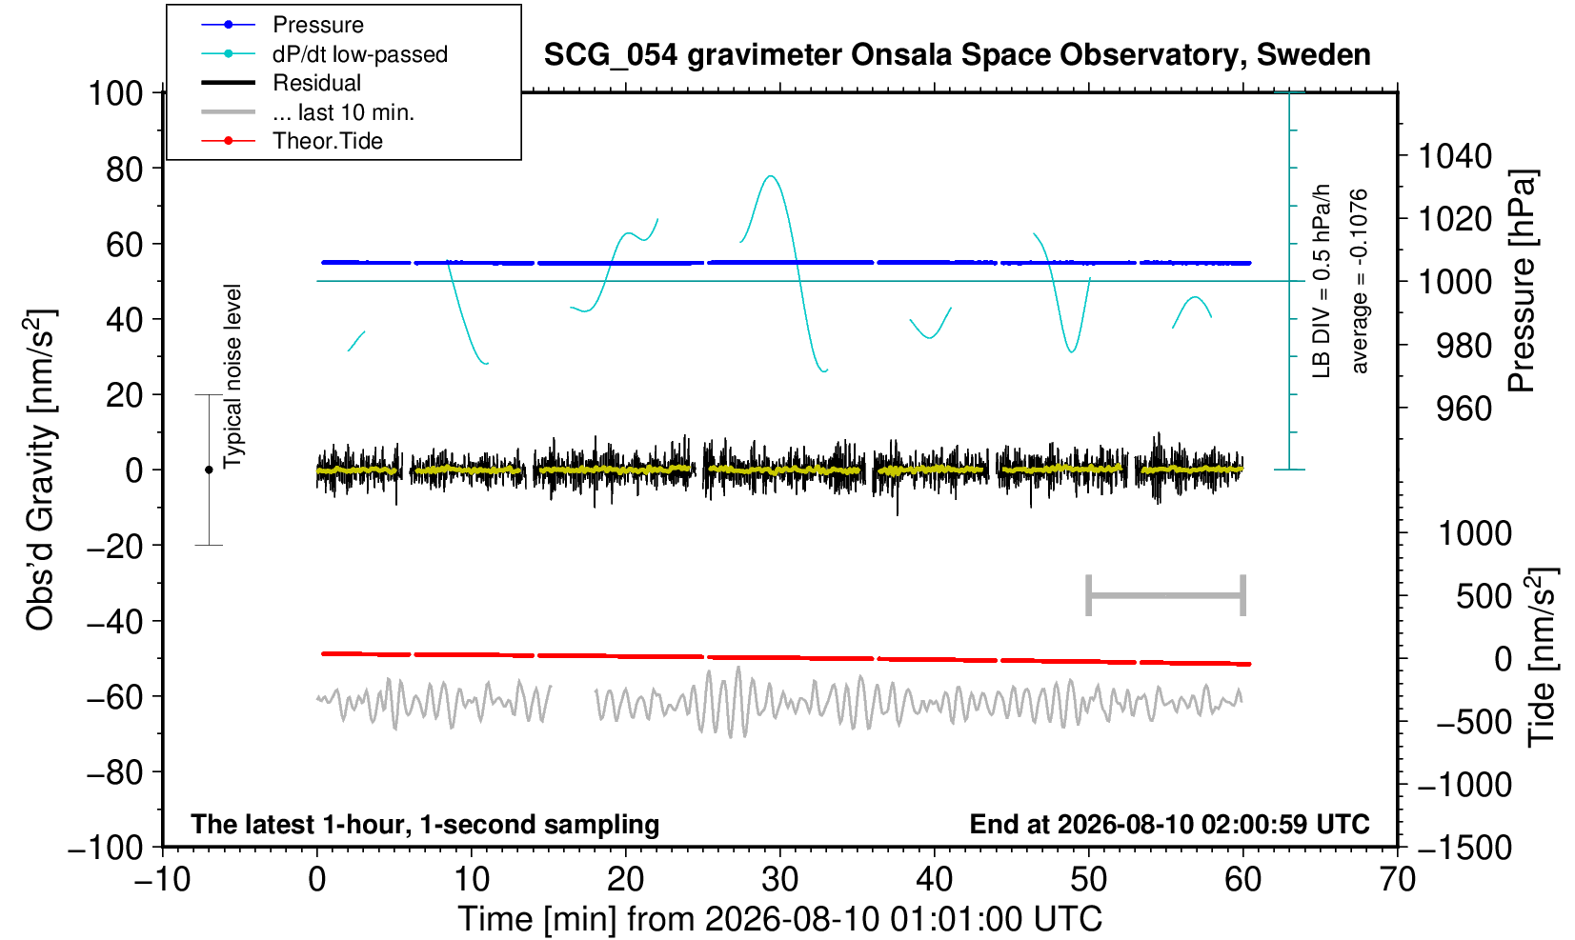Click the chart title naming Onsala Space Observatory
pos(957,55)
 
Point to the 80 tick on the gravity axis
pos(125,170)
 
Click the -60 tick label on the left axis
pos(114,697)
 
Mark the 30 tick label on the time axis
pos(779,880)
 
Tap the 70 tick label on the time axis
pos(1397,880)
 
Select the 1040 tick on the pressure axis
pos(1455,156)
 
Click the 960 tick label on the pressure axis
pos(1464,409)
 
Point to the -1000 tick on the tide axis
pos(1464,785)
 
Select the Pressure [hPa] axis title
pos(1523,281)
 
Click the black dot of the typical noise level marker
pos(209,470)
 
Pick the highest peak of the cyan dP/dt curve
pos(772,176)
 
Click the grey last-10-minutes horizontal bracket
pos(1166,595)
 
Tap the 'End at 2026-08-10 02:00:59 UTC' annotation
pos(1169,824)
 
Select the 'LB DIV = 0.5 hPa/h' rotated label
pos(1322,281)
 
